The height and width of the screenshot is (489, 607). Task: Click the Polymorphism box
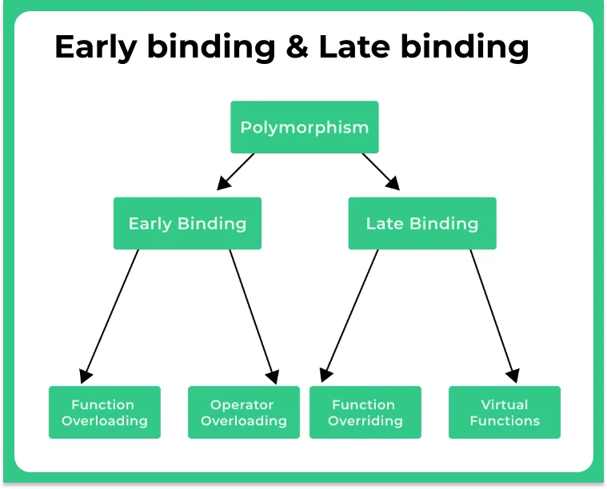(x=304, y=127)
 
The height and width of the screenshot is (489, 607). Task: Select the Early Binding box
(x=187, y=223)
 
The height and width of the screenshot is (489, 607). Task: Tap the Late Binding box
(x=421, y=223)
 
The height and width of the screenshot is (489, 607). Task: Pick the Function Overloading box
(x=104, y=412)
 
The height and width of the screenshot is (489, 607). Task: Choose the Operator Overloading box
(x=243, y=412)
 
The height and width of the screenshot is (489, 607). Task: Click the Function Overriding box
(x=365, y=412)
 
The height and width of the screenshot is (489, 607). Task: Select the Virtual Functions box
(x=504, y=412)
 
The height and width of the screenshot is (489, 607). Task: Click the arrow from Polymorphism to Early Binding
(x=236, y=171)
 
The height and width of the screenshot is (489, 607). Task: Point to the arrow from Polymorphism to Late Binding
(x=381, y=171)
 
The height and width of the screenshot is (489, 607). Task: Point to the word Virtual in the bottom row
(x=504, y=404)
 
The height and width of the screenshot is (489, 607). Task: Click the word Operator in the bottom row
(x=242, y=404)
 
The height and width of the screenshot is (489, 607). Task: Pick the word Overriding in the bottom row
(x=365, y=421)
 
